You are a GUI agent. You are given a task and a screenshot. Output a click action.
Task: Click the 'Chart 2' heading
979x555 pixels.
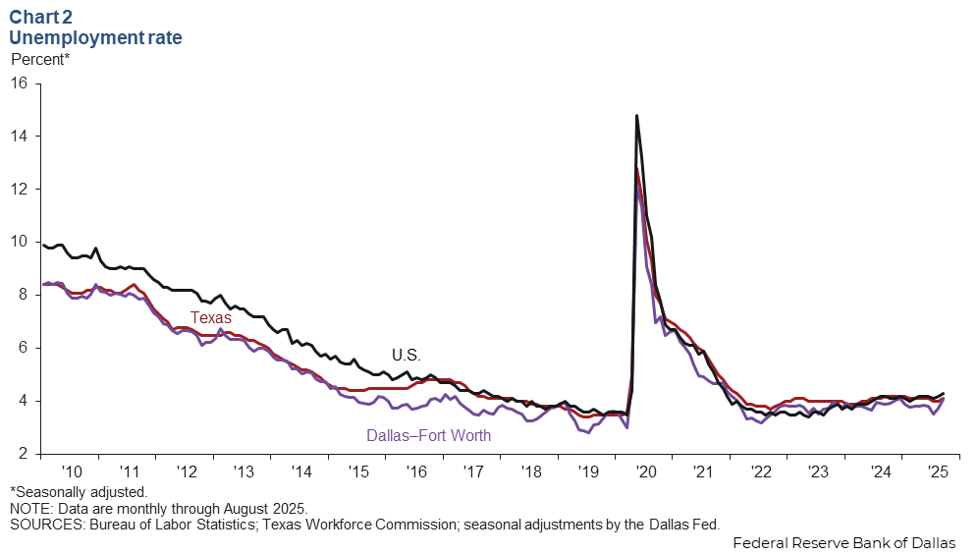point(42,17)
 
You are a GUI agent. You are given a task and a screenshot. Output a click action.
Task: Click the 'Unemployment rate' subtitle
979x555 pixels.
point(95,38)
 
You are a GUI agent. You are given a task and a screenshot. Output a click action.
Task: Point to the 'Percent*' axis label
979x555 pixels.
point(40,59)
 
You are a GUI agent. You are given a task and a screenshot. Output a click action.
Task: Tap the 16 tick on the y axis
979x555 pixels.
point(19,83)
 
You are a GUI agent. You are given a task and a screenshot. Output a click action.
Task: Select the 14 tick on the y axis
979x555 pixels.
point(19,136)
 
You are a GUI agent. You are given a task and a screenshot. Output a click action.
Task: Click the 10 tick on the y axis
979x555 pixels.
point(19,242)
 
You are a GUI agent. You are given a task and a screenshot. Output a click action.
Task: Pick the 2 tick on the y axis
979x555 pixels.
point(23,454)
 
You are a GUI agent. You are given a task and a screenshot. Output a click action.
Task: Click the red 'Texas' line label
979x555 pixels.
point(210,317)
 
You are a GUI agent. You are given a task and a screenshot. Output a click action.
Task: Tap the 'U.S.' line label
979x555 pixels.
point(406,355)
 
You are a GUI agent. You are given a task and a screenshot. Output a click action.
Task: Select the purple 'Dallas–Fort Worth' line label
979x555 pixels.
point(428,435)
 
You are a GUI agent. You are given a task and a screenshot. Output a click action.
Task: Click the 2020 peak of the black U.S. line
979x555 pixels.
point(637,116)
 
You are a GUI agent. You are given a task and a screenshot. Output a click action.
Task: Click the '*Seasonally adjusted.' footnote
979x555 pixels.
point(79,491)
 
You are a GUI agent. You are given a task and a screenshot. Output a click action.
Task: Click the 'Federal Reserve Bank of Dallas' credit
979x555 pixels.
point(843,542)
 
